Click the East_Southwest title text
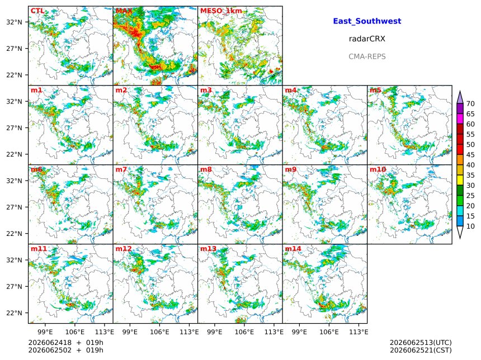click(x=367, y=21)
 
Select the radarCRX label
click(x=367, y=39)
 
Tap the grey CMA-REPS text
click(x=367, y=56)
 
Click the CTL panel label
click(x=37, y=11)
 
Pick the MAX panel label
click(x=124, y=11)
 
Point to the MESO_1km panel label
click(x=221, y=11)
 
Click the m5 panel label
click(x=375, y=90)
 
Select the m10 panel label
click(x=378, y=169)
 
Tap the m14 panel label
click(x=293, y=249)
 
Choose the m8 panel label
click(x=206, y=169)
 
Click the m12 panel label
click(x=123, y=249)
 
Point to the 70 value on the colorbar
click(x=470, y=103)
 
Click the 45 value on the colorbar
click(x=470, y=155)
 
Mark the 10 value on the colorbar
click(x=470, y=226)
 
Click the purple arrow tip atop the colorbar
click(x=460, y=91)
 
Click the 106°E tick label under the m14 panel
click(x=329, y=332)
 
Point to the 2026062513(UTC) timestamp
click(x=421, y=343)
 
